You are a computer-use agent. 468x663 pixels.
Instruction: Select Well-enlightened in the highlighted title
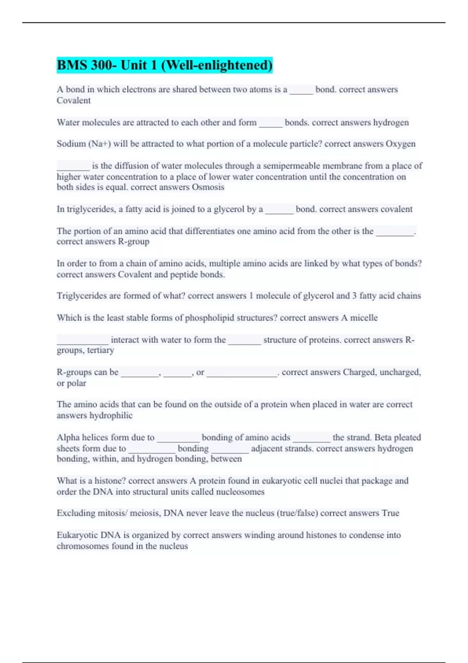click(216, 65)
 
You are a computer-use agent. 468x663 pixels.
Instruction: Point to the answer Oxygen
click(401, 144)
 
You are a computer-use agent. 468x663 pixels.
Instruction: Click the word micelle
click(363, 318)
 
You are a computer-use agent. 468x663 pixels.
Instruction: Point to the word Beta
click(384, 438)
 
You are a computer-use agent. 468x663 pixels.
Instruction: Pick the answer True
click(390, 513)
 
